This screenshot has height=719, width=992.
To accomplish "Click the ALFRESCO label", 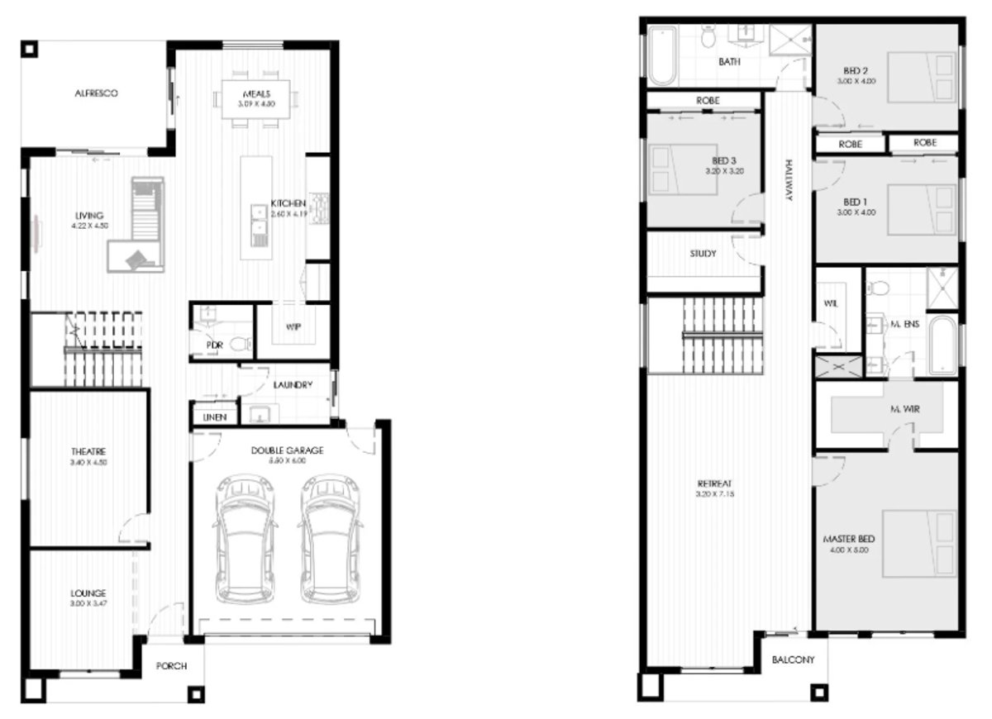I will (95, 94).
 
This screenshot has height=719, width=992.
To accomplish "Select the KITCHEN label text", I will (289, 203).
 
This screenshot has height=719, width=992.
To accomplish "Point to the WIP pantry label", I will (293, 327).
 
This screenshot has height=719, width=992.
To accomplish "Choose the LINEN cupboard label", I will (215, 418).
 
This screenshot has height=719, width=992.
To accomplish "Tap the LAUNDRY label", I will (292, 385).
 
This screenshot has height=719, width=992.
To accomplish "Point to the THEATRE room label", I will (88, 451).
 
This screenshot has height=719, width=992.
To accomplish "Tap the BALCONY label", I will (794, 660).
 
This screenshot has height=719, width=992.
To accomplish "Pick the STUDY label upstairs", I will (703, 254).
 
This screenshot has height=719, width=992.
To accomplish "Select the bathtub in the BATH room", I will (663, 55).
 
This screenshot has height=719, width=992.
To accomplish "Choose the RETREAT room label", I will (715, 483).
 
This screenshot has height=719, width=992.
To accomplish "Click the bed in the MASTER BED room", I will (916, 543).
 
